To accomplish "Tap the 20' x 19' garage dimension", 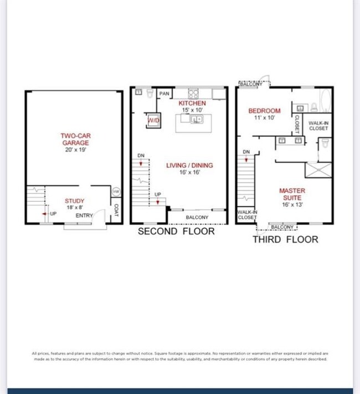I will pos(75,150).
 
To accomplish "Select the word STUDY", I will pos(75,201).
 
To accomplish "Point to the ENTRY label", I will pos(84,216).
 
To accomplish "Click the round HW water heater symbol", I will pos(116,192).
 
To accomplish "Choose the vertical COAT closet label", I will pos(116,211).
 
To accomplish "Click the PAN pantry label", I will pos(164,94).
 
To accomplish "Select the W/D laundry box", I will pos(153,121).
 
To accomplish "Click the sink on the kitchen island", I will pos(195,119).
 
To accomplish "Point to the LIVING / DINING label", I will pos(190,165).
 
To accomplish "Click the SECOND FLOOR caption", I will pos(176,231).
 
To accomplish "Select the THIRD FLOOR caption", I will pos(285,239).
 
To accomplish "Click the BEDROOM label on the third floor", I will pos(264,111).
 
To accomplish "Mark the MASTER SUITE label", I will pos(292,195).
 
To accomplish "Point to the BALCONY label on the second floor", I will pos(197,217).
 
